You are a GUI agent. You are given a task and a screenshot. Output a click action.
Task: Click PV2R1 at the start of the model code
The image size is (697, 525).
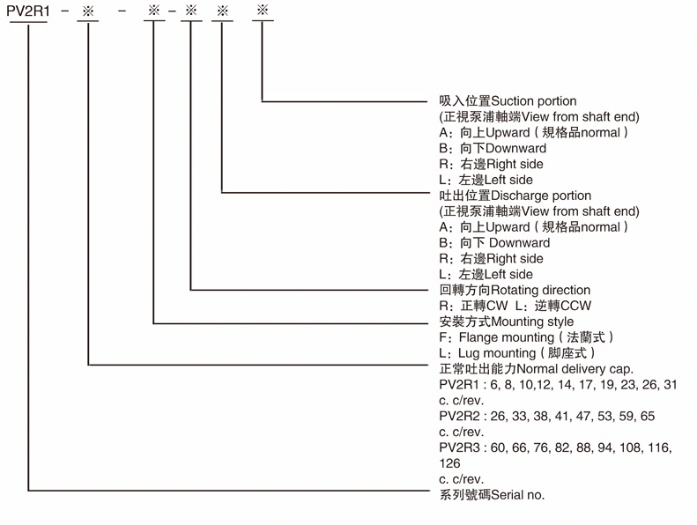[28, 11]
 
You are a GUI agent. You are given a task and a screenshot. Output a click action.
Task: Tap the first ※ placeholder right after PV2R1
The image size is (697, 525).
[88, 11]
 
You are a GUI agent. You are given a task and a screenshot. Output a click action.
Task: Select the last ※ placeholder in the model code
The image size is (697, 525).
[263, 10]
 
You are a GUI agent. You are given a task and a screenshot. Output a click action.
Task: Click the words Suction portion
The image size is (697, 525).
[534, 101]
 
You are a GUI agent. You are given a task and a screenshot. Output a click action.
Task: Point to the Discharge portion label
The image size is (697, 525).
[541, 196]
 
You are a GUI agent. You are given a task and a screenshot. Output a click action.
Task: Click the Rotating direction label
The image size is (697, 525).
[540, 291]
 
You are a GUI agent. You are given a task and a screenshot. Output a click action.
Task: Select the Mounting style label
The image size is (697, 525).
[532, 322]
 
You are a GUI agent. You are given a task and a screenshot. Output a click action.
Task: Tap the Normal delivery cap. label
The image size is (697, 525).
[575, 369]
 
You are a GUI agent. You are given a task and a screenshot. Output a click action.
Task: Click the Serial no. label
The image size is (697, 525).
[518, 495]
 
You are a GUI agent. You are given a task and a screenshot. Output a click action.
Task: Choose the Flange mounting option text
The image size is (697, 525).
[507, 337]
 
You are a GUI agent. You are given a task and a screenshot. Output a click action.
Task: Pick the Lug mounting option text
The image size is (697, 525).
[497, 353]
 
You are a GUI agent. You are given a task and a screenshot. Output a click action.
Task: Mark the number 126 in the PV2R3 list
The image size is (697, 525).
[450, 463]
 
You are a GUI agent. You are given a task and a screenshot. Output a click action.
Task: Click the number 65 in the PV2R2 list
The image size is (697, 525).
[647, 416]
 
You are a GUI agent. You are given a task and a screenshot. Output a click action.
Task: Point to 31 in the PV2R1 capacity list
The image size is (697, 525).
[670, 385]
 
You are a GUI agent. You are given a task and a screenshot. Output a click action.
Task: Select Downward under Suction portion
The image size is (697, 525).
[515, 149]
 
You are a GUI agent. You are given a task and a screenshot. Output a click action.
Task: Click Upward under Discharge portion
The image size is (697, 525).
[508, 227]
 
